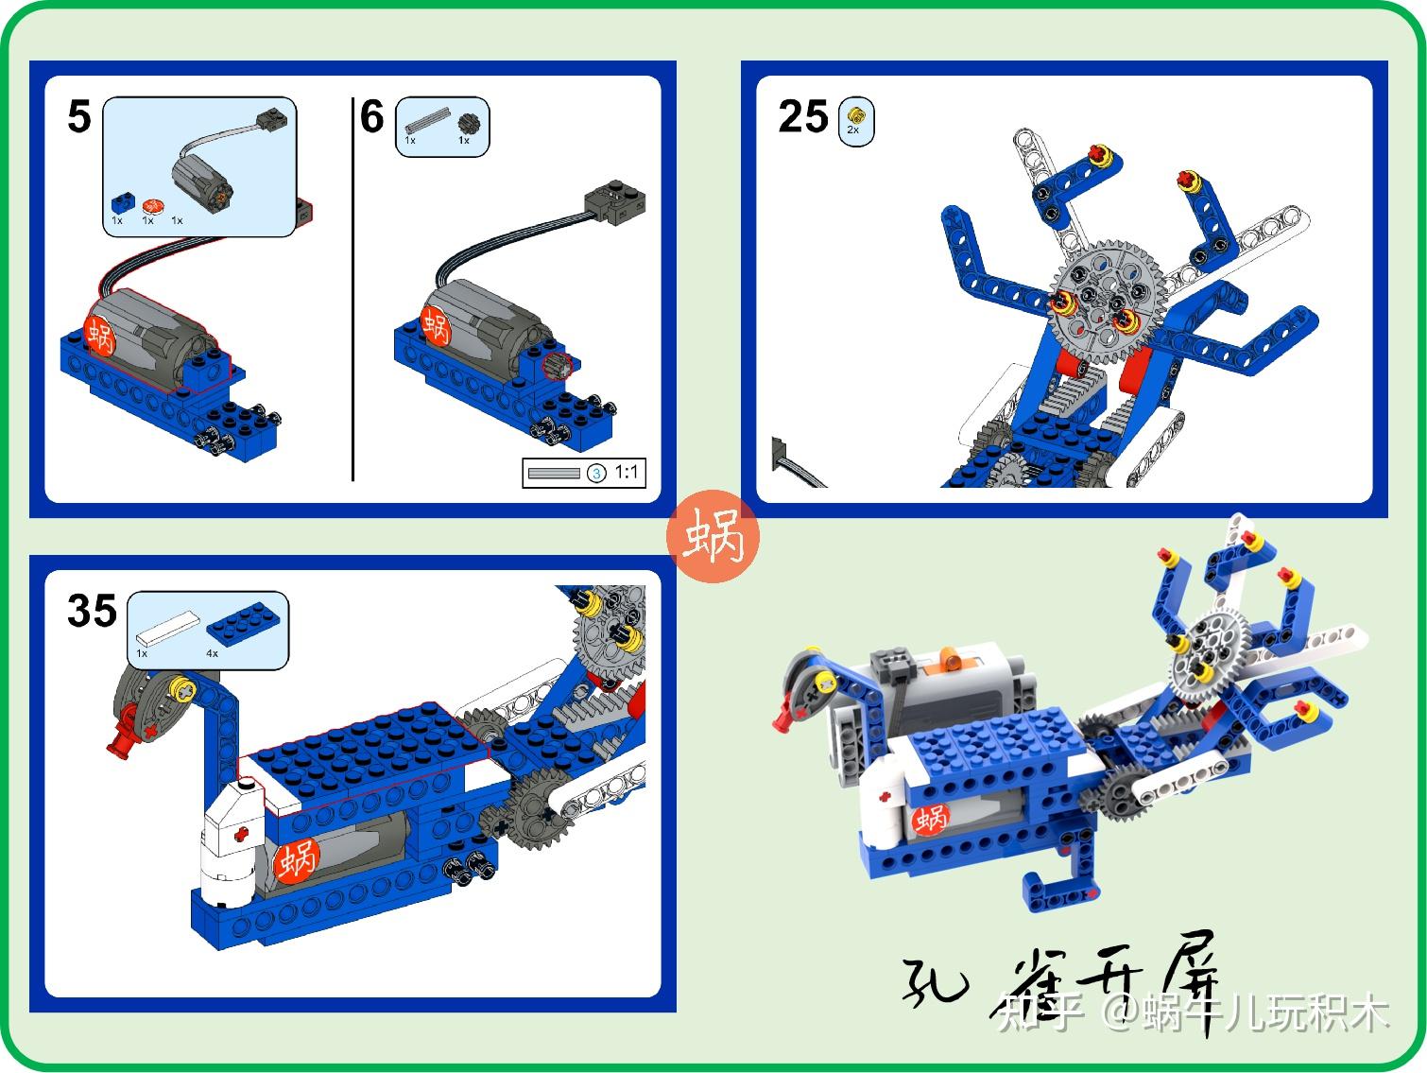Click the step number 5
79,117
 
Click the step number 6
372,117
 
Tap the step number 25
802,117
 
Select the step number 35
92,611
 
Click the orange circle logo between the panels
713,537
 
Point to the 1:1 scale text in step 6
627,472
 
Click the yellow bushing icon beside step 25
855,116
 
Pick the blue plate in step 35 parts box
246,619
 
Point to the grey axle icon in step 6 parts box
426,121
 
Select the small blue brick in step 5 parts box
120,203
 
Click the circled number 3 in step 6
596,473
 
